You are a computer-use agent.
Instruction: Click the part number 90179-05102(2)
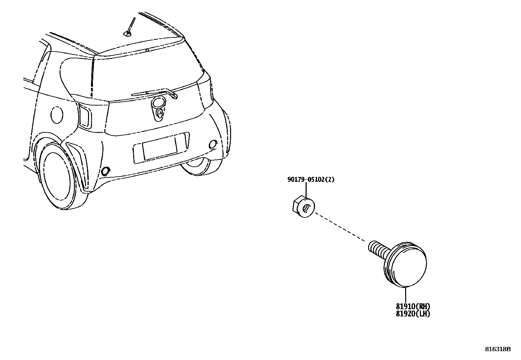[x=311, y=180]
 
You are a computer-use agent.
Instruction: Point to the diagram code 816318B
[x=497, y=349]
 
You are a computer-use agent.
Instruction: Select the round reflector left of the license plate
[x=106, y=171]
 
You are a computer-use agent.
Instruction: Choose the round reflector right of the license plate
[x=213, y=144]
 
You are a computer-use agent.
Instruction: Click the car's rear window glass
[x=144, y=72]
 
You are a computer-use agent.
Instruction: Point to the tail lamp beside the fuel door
[x=85, y=115]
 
